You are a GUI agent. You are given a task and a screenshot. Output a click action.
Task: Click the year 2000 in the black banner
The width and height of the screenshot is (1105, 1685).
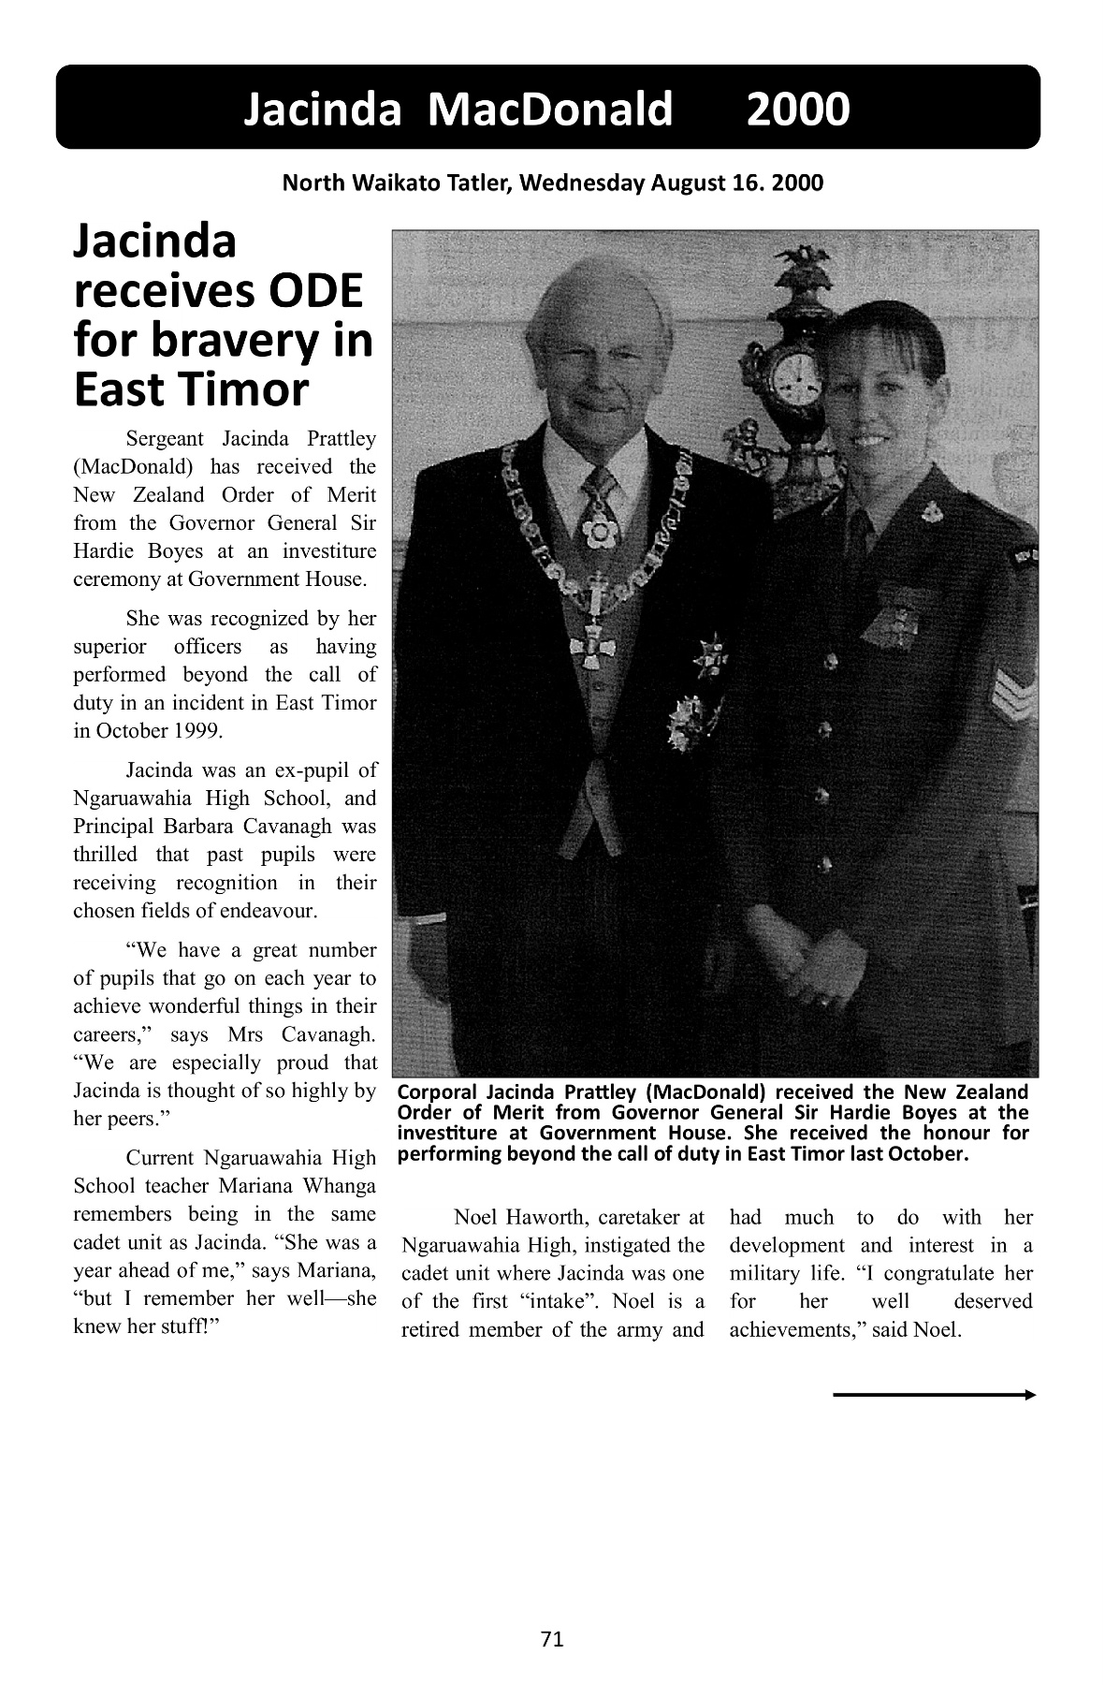click(798, 110)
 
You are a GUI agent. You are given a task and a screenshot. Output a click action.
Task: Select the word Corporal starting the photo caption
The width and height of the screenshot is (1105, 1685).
click(438, 1092)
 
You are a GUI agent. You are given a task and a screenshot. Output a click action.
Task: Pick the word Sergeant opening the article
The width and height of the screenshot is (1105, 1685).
click(167, 438)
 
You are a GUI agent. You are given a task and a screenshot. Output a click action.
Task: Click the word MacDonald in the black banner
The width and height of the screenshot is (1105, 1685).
click(549, 110)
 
